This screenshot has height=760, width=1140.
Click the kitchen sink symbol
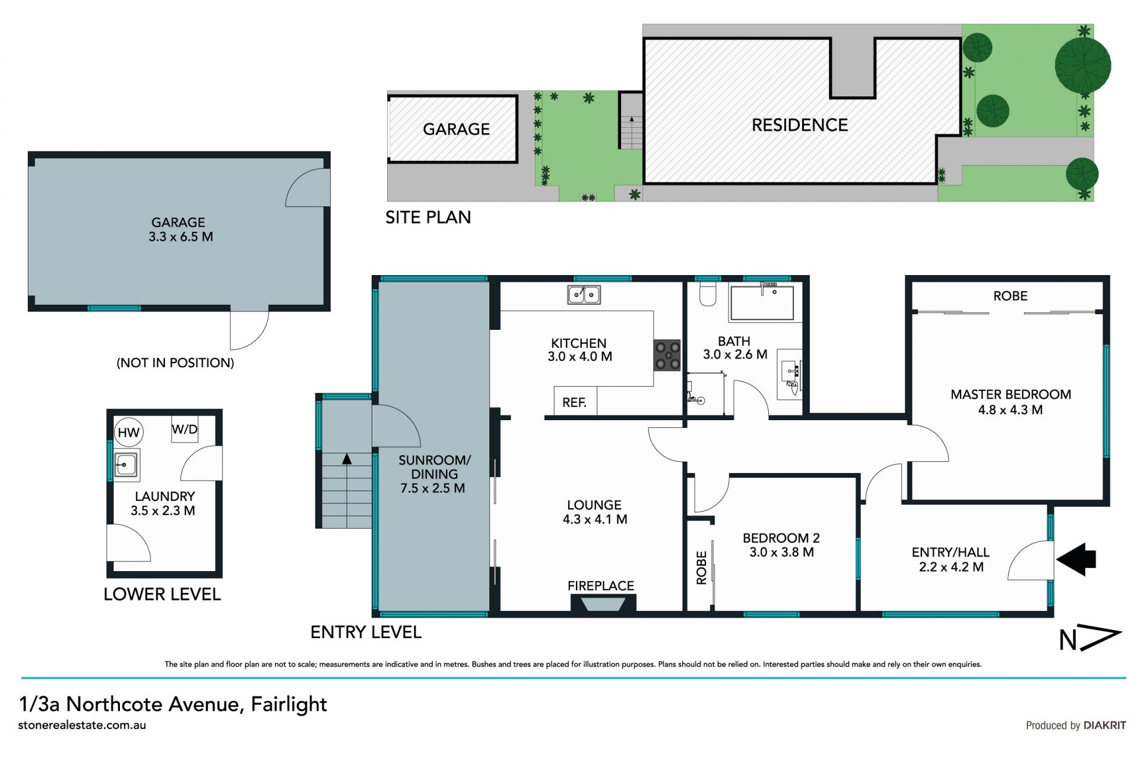(x=584, y=295)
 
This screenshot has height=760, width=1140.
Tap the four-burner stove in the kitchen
(x=667, y=355)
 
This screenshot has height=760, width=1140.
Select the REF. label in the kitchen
(x=574, y=403)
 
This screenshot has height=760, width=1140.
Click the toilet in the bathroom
(x=708, y=294)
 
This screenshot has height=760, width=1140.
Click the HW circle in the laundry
(x=128, y=433)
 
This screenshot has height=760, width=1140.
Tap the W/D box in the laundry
(x=185, y=429)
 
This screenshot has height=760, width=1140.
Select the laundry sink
(x=126, y=464)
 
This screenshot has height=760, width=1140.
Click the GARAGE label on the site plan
(x=456, y=129)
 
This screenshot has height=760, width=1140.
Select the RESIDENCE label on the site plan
(x=800, y=125)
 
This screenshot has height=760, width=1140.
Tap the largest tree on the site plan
(x=1082, y=65)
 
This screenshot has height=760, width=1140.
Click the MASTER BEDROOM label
(x=1011, y=395)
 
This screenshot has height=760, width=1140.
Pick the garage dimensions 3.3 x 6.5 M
(x=180, y=236)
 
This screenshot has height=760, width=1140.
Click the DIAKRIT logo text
(x=1104, y=725)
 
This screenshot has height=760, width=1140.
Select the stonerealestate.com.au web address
(x=82, y=725)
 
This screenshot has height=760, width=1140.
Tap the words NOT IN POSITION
(x=175, y=362)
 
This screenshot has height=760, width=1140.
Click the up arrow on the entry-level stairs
(x=347, y=459)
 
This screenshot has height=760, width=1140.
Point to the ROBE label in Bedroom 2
(x=701, y=567)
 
